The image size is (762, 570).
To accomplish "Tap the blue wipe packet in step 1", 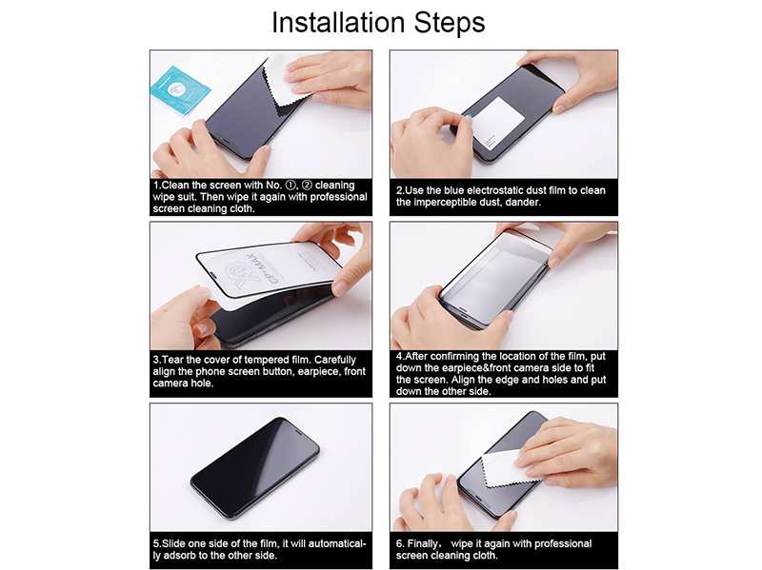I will (x=180, y=88).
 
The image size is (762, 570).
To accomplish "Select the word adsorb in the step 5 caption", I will (x=180, y=556).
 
